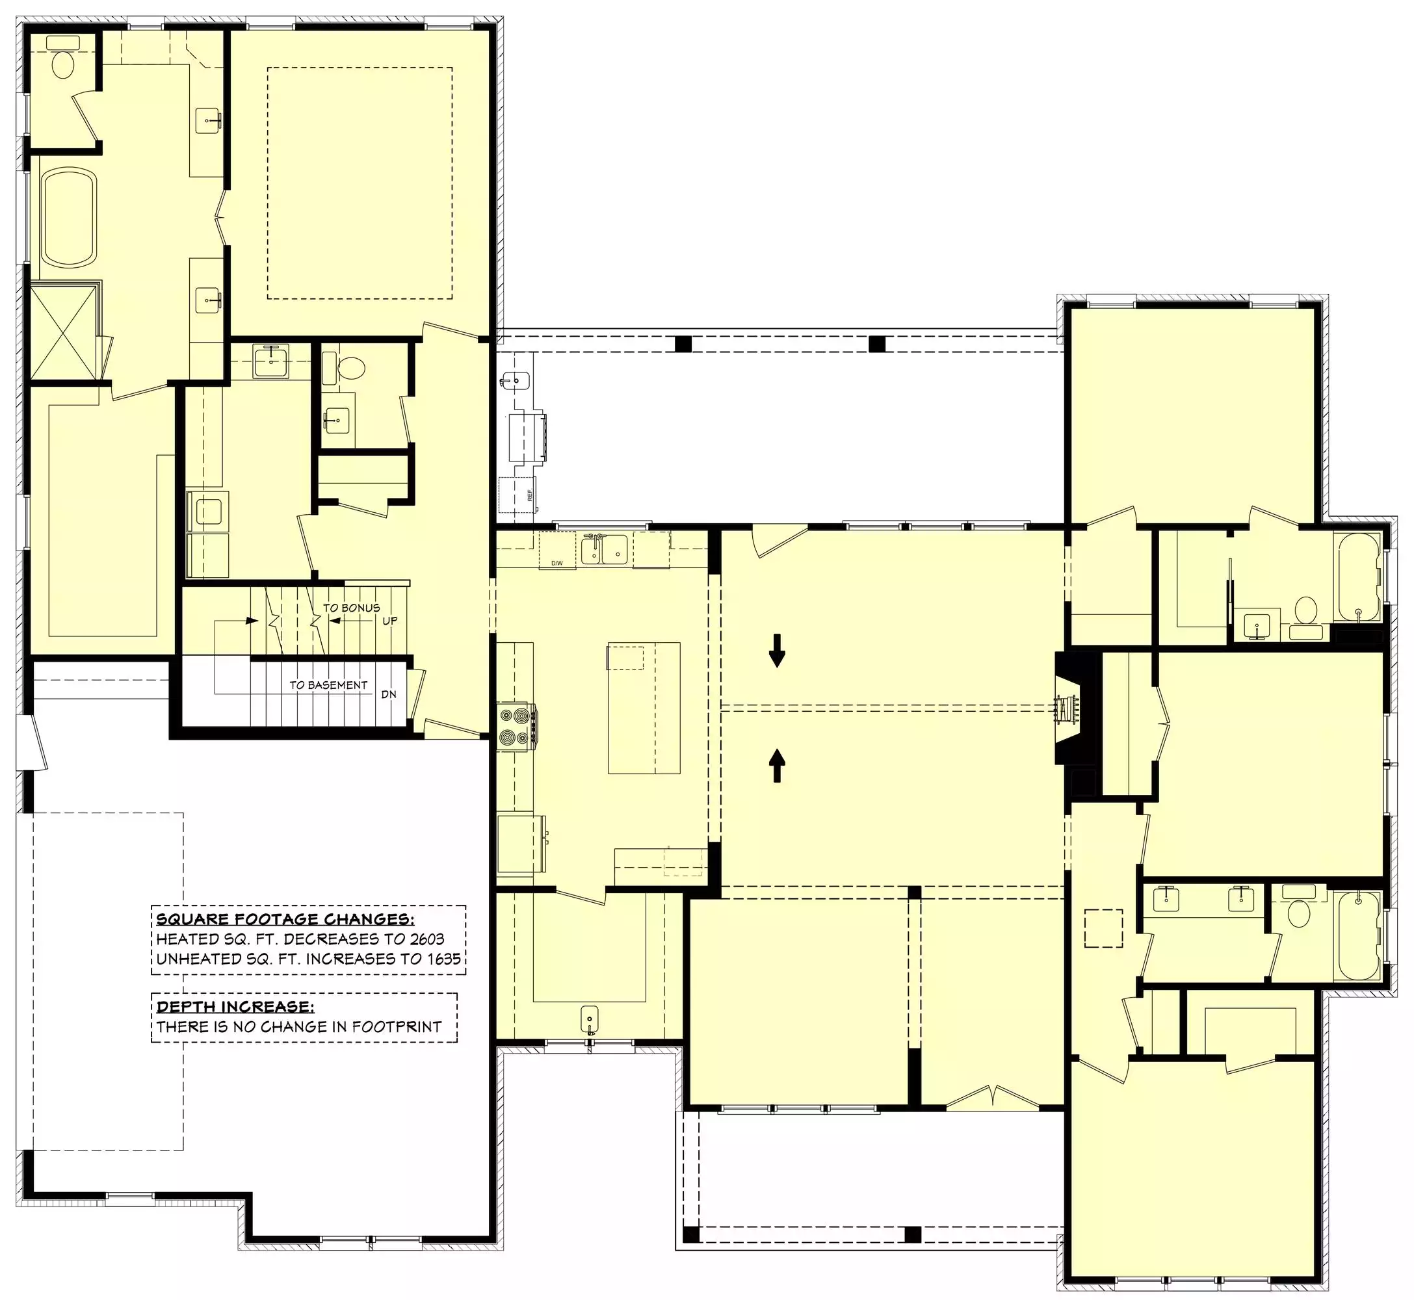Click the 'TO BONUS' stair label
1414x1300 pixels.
(x=351, y=608)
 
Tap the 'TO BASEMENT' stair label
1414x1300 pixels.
(x=328, y=685)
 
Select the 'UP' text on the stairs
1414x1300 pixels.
(x=389, y=621)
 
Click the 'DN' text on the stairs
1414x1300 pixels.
(x=389, y=694)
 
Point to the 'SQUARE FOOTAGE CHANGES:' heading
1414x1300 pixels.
(x=285, y=920)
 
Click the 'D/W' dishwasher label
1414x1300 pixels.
(x=556, y=564)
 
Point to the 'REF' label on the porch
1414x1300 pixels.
(x=530, y=495)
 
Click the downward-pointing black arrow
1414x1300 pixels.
(x=777, y=650)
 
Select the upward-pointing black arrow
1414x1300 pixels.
(x=777, y=765)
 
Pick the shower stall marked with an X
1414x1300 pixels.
(x=63, y=332)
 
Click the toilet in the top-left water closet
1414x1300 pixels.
(x=62, y=57)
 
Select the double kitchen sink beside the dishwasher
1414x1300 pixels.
(x=605, y=549)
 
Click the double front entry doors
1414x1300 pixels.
(x=993, y=1097)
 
